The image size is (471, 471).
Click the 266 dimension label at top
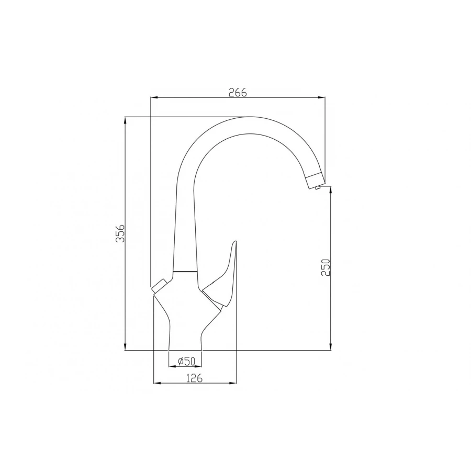click(x=237, y=92)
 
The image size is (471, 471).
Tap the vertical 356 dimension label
click(x=120, y=233)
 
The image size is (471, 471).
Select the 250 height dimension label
click(x=325, y=267)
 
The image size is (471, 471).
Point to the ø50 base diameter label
click(x=186, y=361)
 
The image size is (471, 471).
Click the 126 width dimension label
click(x=194, y=378)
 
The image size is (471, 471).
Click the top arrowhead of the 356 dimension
click(x=125, y=119)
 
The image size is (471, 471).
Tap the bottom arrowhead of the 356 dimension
click(x=125, y=347)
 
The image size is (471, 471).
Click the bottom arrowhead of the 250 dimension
click(x=330, y=347)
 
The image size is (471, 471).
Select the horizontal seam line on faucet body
click(x=185, y=272)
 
